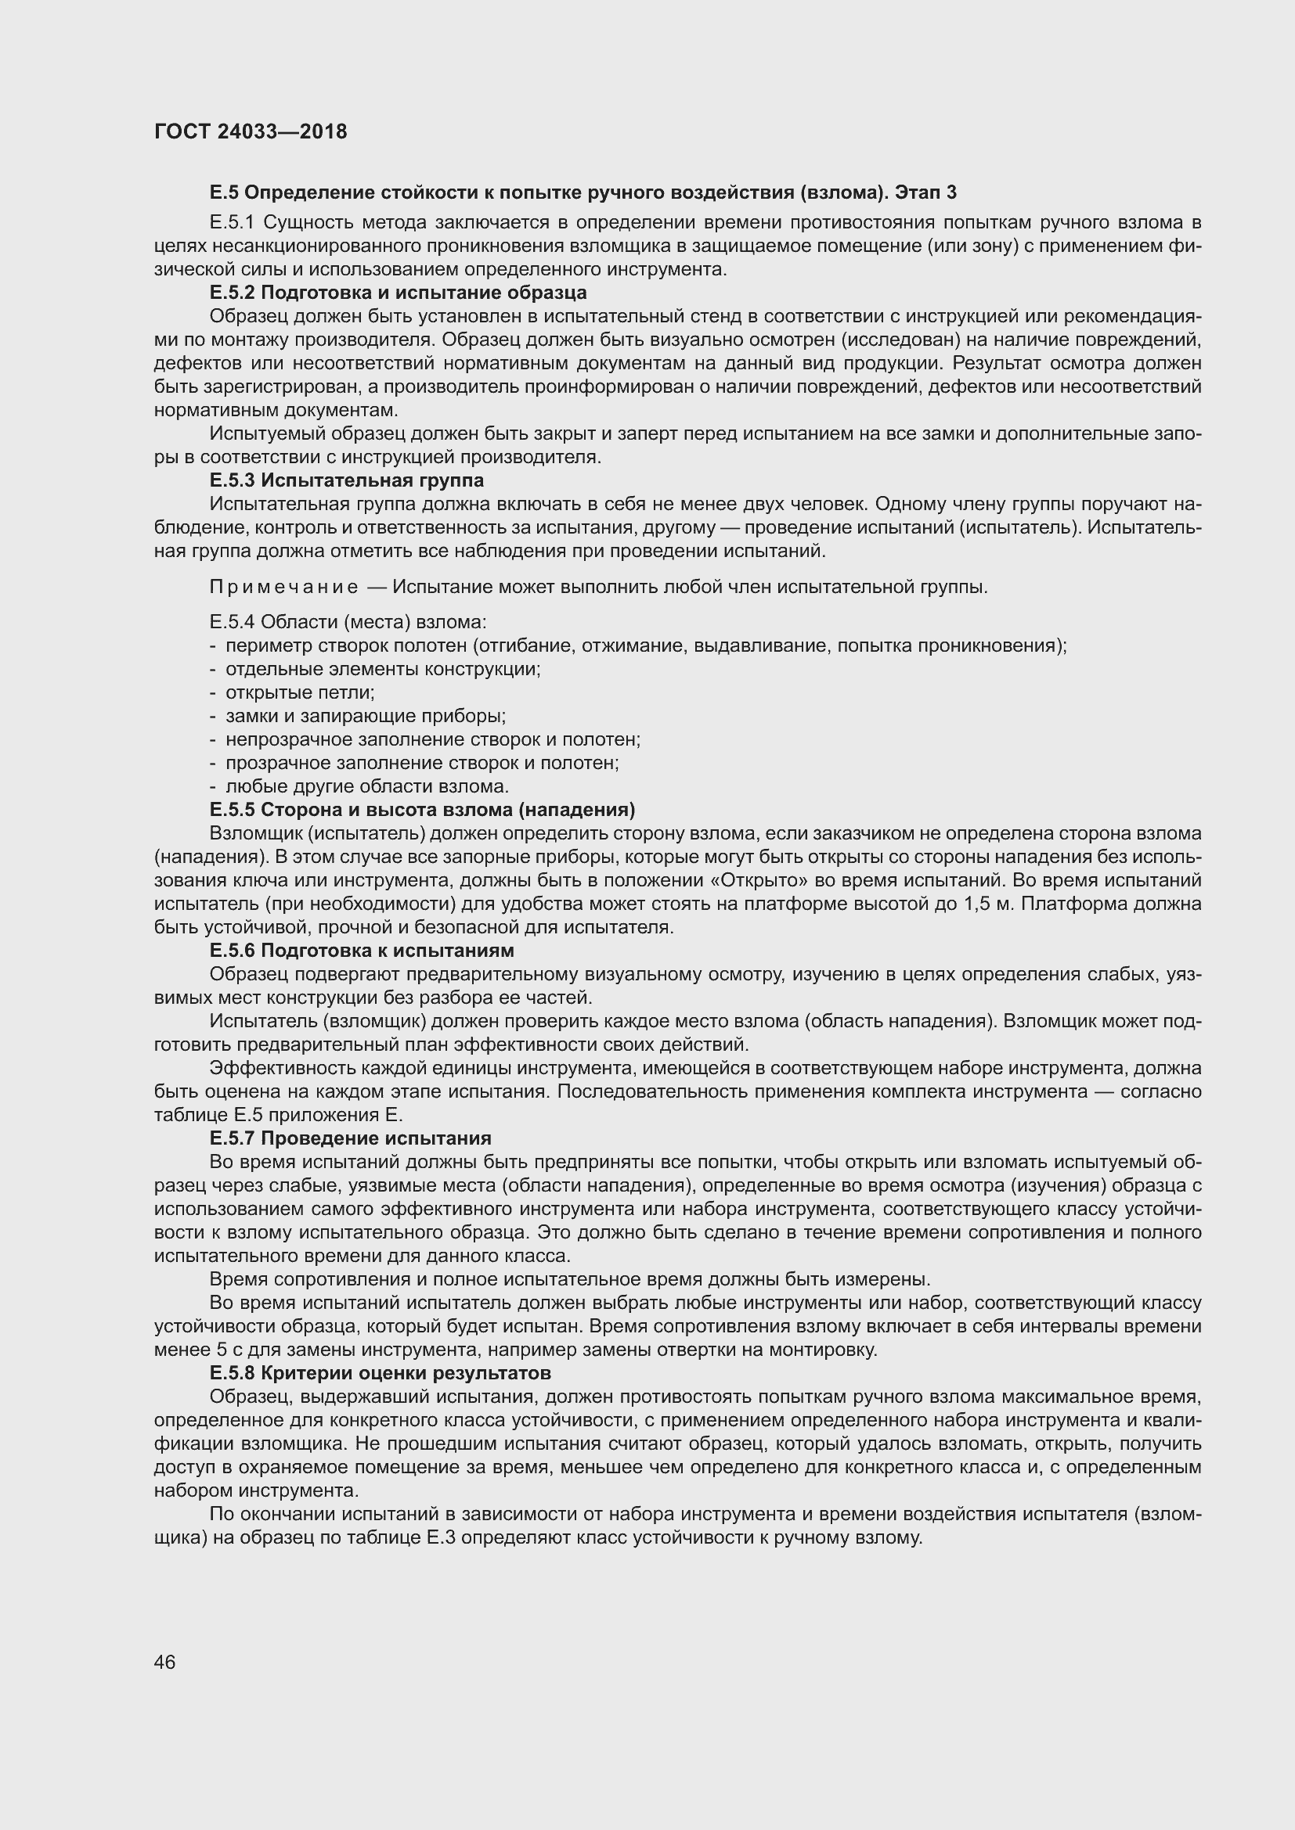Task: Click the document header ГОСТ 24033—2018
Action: click(251, 131)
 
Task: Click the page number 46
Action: click(165, 1656)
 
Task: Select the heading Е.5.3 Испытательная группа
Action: click(346, 480)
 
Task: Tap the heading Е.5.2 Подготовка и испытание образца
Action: click(398, 293)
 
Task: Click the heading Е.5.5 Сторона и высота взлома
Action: click(422, 810)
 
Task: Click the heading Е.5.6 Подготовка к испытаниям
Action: click(361, 951)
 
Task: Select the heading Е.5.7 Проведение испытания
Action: click(350, 1138)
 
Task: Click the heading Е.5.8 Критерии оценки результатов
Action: click(380, 1373)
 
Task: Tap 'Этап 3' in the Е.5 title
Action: click(925, 192)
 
